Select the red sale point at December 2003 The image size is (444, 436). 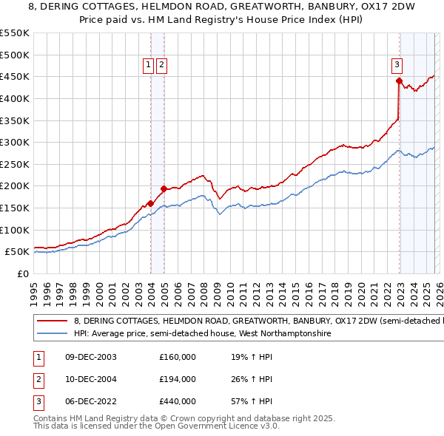[x=150, y=203]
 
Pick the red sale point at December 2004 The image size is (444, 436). [x=164, y=188]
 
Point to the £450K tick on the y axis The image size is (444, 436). [x=15, y=76]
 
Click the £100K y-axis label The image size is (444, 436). [x=15, y=230]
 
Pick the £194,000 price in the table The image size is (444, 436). [x=177, y=379]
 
